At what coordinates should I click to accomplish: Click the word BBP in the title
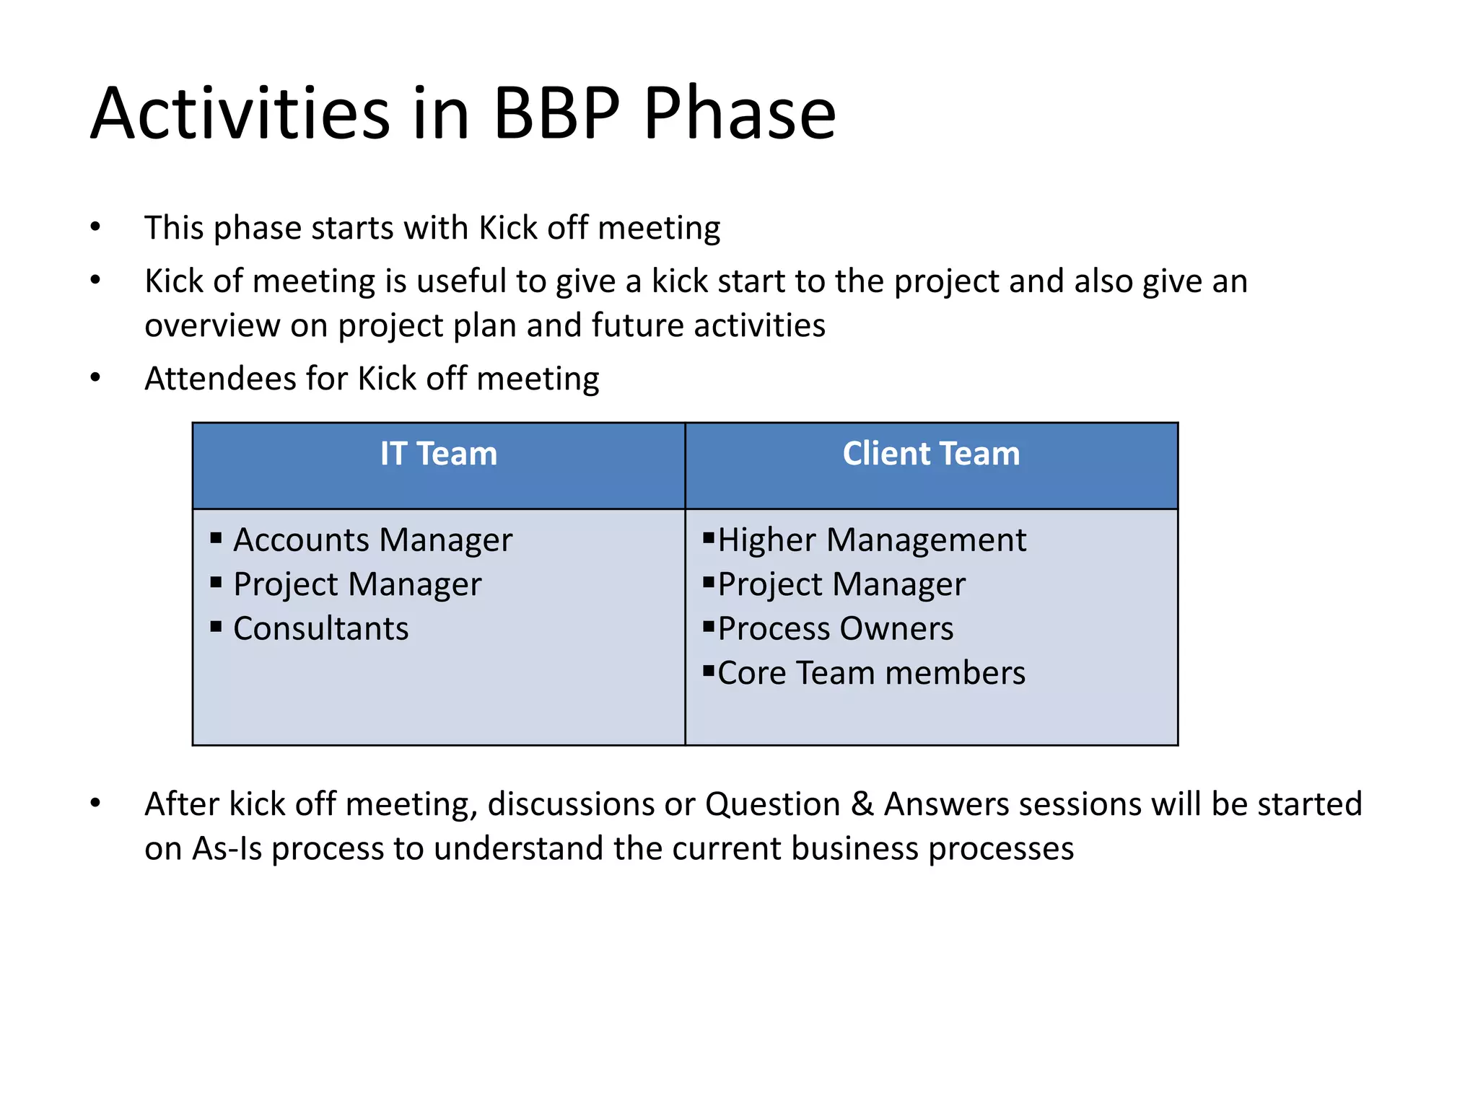tap(556, 113)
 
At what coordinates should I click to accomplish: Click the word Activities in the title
tap(240, 113)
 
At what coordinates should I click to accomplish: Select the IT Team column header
tap(439, 454)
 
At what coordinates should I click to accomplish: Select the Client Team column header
tap(931, 454)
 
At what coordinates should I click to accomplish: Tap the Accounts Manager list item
tap(372, 540)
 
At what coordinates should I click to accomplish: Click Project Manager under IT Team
tap(357, 584)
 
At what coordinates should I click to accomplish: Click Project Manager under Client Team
tap(841, 584)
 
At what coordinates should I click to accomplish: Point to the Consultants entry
tap(320, 629)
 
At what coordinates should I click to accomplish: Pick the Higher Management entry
tap(872, 540)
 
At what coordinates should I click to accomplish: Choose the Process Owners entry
tap(836, 629)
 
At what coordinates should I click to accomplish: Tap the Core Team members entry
tap(871, 673)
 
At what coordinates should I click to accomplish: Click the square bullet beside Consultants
tap(216, 625)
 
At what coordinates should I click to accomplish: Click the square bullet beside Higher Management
tap(708, 537)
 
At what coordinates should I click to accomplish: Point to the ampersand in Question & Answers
tap(862, 804)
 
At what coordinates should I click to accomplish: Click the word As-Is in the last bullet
tap(227, 849)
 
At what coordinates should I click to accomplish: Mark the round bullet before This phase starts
tap(95, 228)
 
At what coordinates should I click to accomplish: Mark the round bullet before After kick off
tap(95, 804)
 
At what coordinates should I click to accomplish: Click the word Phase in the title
tap(739, 113)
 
